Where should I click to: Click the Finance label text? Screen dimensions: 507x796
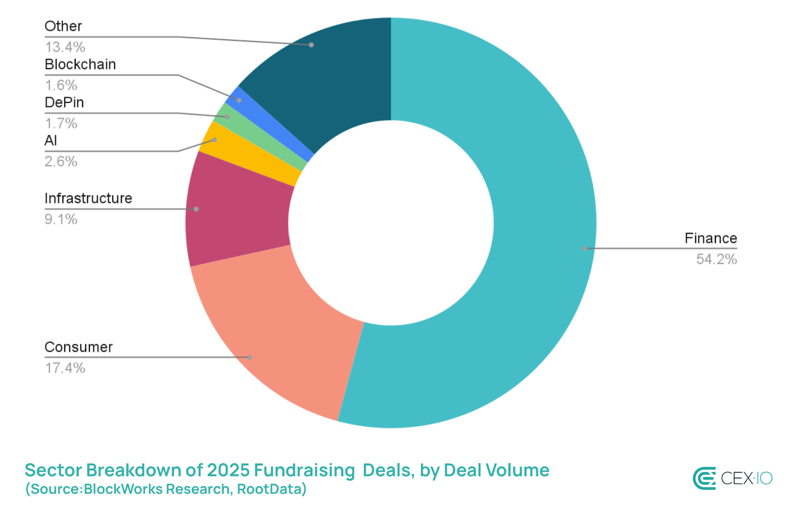pos(710,239)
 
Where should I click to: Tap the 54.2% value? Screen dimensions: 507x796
pos(716,259)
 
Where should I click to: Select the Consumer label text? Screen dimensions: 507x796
pos(79,347)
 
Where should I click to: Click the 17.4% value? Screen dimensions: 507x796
pos(65,368)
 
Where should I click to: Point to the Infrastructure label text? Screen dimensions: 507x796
pos(88,198)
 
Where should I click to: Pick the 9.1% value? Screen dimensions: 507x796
pos(61,219)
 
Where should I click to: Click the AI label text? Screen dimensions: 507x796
pos(51,141)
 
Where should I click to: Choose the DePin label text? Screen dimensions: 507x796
pos(64,102)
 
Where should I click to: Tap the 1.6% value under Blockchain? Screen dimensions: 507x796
pos(61,85)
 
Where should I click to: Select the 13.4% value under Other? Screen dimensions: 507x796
pos(65,47)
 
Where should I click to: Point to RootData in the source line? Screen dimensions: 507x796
pos(271,489)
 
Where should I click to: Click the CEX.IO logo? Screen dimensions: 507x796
pos(732,478)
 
